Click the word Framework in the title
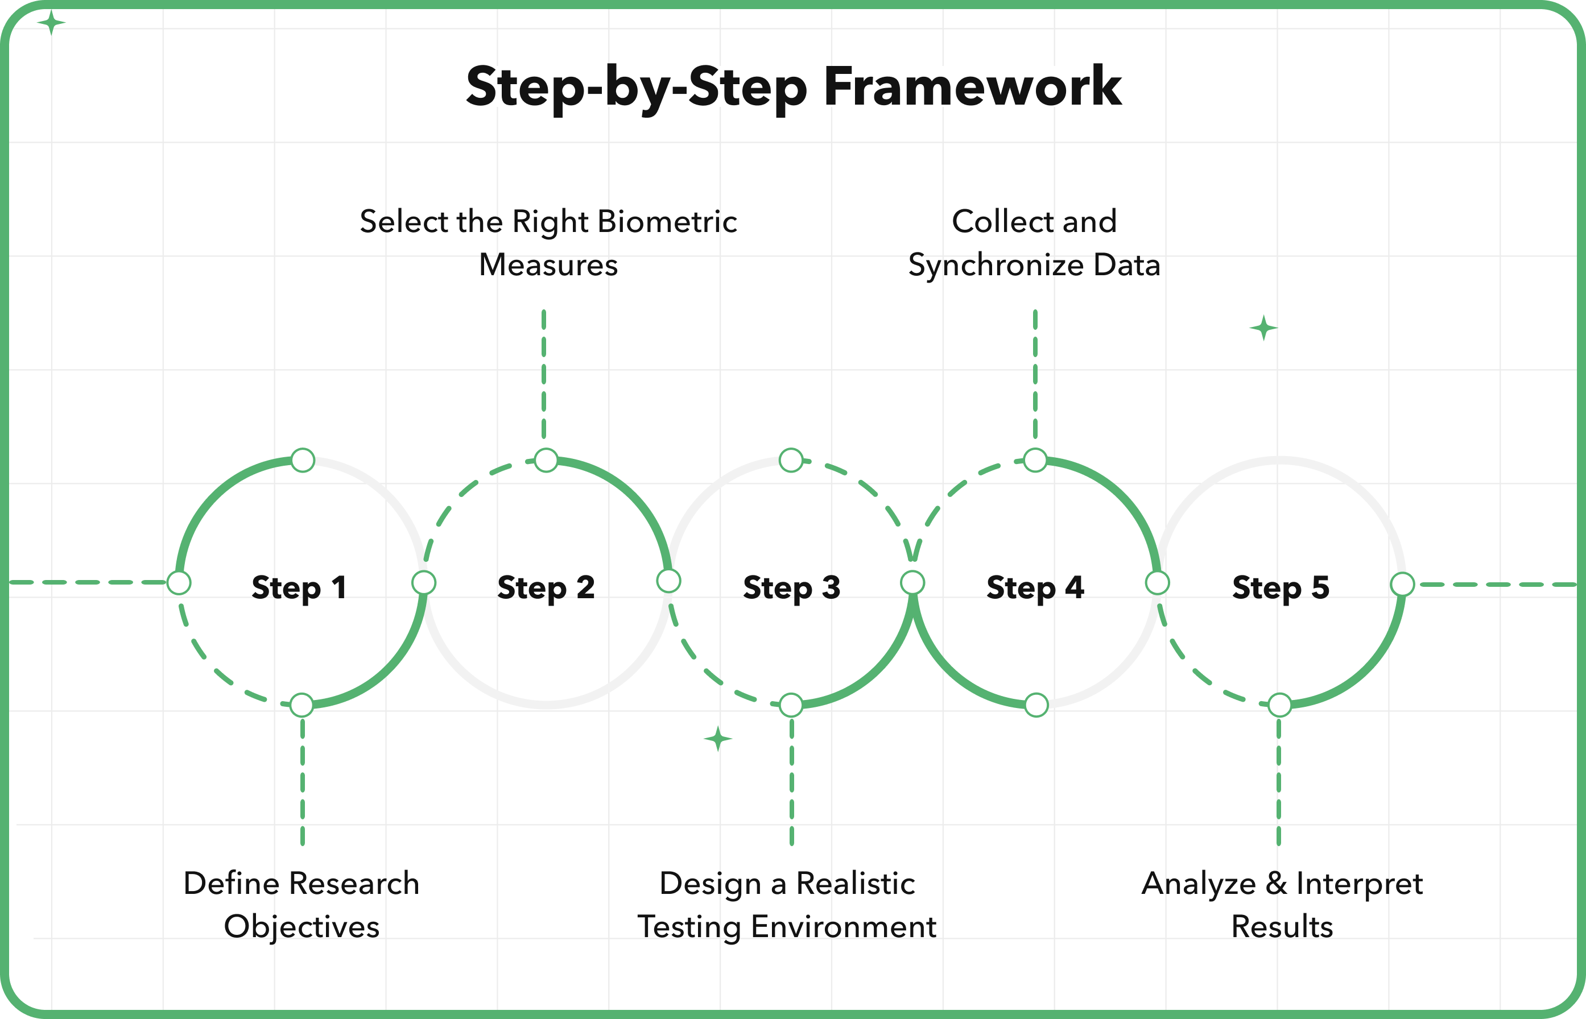click(x=972, y=86)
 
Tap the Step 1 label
click(x=299, y=587)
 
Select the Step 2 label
click(x=546, y=587)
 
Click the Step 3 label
click(x=792, y=587)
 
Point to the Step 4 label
click(x=1035, y=587)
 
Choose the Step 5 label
click(x=1281, y=587)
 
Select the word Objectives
click(x=302, y=927)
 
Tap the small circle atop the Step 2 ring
click(x=546, y=460)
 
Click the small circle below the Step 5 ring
click(x=1279, y=705)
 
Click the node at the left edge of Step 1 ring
click(x=179, y=582)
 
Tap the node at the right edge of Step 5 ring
click(x=1402, y=584)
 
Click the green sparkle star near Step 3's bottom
click(x=718, y=739)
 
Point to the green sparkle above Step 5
click(x=1263, y=328)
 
